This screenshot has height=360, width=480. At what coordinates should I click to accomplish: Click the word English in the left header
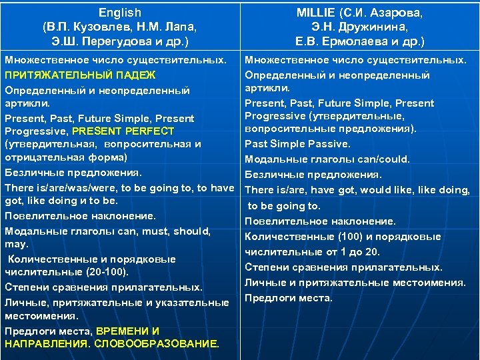coord(120,13)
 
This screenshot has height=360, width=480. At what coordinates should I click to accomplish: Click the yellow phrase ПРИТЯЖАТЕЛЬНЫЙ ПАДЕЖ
coord(80,75)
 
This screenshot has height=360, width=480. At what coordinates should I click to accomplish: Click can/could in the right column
coord(385,159)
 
